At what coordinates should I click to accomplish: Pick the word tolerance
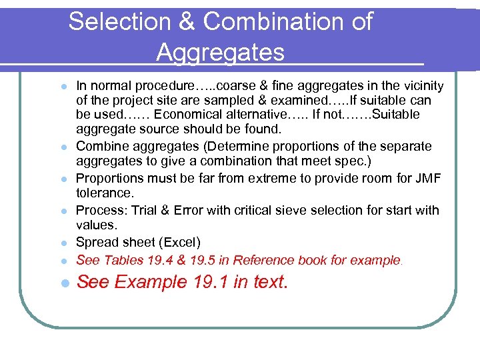tap(103, 193)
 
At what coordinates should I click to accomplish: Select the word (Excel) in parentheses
tap(178, 242)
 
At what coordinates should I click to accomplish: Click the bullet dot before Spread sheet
tap(63, 243)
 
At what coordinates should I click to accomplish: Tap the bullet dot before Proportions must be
tap(63, 179)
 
